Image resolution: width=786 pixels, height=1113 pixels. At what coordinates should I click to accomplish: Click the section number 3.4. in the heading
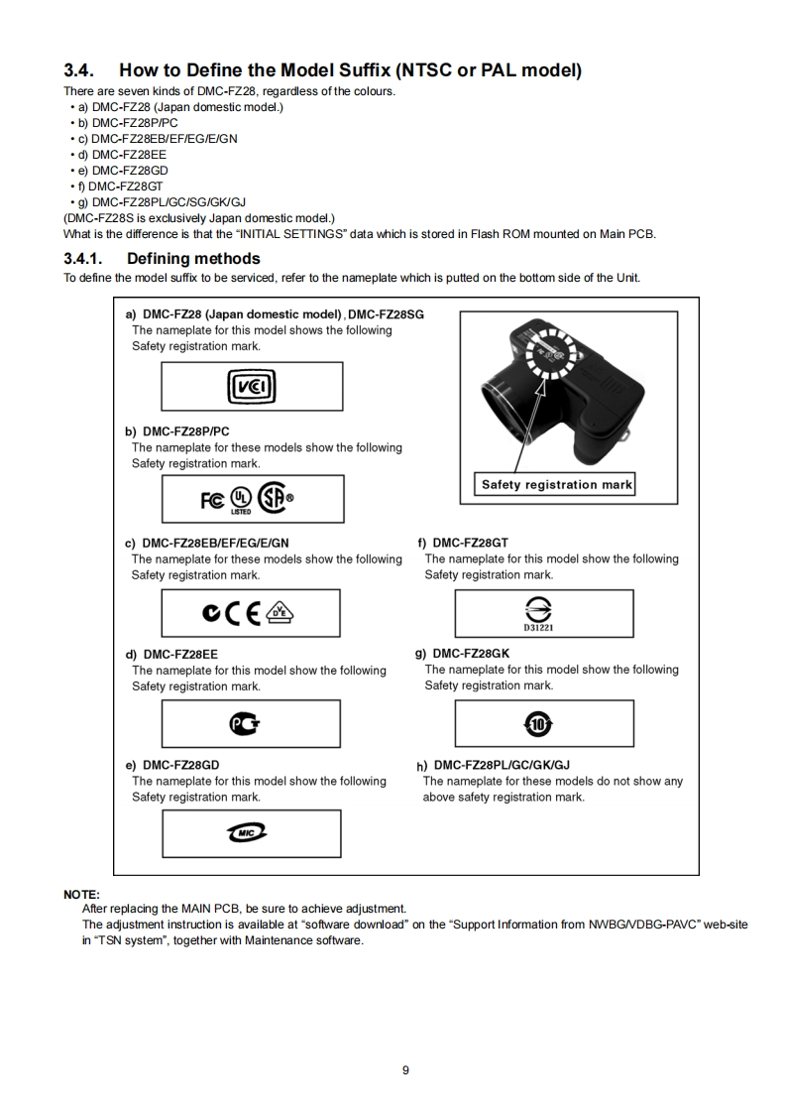79,70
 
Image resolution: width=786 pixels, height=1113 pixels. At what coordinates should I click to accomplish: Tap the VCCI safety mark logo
252,387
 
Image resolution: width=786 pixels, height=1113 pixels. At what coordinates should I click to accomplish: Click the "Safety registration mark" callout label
556,485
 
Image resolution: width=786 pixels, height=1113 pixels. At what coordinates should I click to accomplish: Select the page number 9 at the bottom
405,1069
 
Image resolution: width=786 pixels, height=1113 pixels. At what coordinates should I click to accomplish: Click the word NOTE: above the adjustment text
81,895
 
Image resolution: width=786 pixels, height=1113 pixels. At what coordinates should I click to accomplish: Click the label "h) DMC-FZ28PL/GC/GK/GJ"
494,765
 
